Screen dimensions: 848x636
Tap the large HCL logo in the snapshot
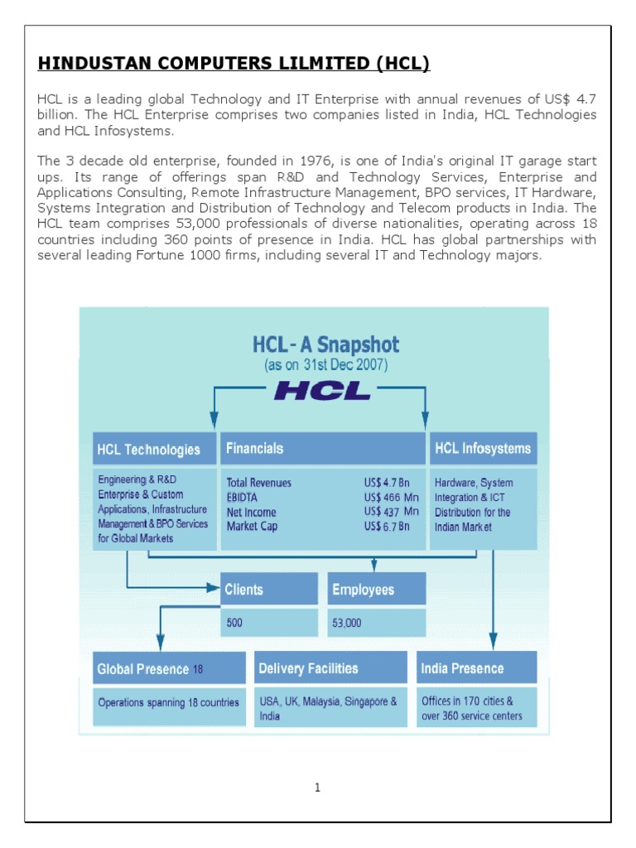click(322, 389)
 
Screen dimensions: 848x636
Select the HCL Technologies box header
click(149, 450)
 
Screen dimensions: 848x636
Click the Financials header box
click(322, 448)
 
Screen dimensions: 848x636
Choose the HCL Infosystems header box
click(483, 448)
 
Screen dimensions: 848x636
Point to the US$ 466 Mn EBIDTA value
click(392, 498)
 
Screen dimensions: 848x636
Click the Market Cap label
click(253, 527)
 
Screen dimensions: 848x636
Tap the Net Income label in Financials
click(252, 513)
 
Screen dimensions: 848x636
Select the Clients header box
click(269, 590)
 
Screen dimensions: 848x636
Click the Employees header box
click(377, 590)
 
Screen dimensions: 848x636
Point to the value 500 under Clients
click(235, 623)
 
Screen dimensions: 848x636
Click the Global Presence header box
click(170, 668)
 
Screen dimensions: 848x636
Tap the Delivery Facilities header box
click(332, 667)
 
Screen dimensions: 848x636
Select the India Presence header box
click(476, 667)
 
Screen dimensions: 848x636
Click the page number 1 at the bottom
click(317, 788)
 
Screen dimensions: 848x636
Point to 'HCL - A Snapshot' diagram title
click(325, 344)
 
